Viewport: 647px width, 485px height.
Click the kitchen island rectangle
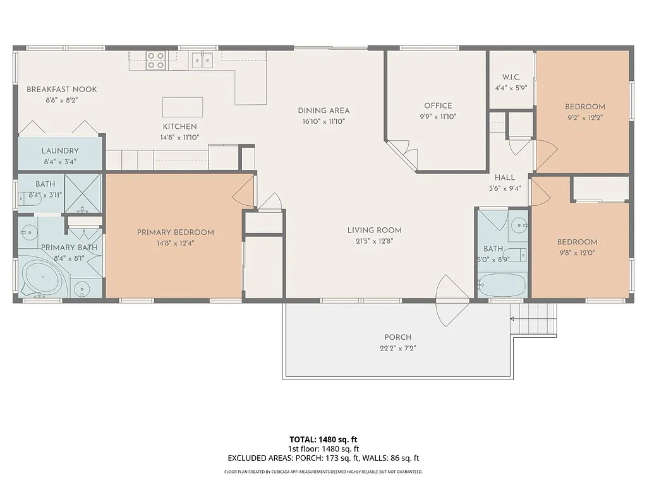(x=183, y=107)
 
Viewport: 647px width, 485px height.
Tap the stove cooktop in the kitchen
(x=156, y=60)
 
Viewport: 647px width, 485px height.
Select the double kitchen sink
(x=202, y=61)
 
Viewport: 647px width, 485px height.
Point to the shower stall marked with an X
(x=83, y=193)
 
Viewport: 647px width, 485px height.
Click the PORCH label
(x=397, y=337)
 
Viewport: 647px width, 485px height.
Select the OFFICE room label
(x=438, y=105)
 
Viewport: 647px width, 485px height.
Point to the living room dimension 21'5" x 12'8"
(x=374, y=241)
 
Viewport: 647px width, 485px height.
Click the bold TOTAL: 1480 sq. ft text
(x=323, y=439)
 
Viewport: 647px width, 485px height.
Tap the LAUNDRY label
(x=60, y=151)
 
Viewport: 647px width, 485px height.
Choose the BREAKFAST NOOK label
(x=61, y=90)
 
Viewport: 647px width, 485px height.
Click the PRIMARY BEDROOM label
(x=175, y=232)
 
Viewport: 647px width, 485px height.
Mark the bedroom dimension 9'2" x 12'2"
(x=584, y=117)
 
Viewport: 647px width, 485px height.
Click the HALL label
(x=505, y=177)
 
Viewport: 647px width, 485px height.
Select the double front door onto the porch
(x=451, y=301)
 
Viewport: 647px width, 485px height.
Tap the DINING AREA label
(x=323, y=111)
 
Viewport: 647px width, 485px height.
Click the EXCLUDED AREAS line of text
(x=323, y=458)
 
